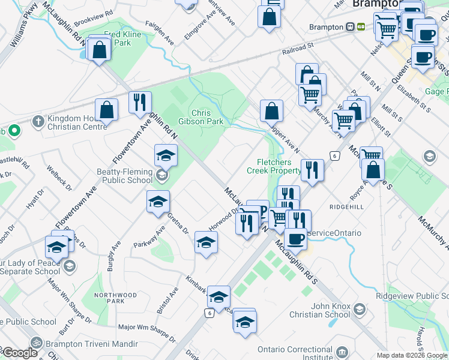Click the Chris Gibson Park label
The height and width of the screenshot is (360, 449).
pyautogui.click(x=207, y=117)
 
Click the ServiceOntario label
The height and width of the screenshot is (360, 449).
pyautogui.click(x=334, y=233)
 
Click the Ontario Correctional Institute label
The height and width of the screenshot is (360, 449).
pyautogui.click(x=295, y=354)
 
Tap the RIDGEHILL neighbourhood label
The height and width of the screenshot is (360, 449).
pyautogui.click(x=346, y=206)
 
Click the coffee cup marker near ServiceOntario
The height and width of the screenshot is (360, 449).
pyautogui.click(x=295, y=239)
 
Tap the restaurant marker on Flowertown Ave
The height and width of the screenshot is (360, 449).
pyautogui.click(x=140, y=103)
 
